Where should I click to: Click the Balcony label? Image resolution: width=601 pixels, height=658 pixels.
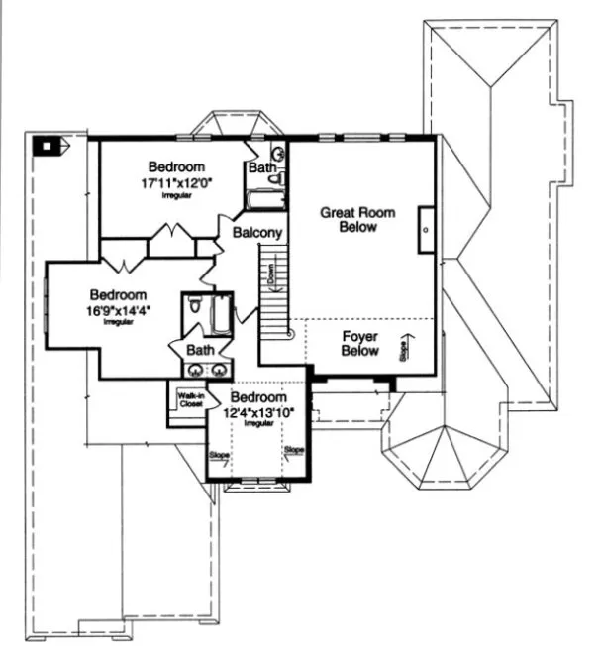click(x=258, y=233)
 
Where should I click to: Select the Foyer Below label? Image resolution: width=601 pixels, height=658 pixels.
click(x=360, y=343)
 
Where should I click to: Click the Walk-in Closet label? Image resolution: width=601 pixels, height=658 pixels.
click(x=189, y=400)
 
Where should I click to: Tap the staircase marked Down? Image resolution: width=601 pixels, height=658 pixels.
click(x=272, y=292)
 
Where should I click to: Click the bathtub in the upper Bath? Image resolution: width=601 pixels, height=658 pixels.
click(x=265, y=202)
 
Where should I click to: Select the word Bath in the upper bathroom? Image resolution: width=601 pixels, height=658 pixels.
click(x=261, y=168)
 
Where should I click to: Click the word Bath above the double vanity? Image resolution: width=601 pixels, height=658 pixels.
click(x=200, y=350)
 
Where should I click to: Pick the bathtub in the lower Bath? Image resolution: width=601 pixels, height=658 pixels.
click(x=221, y=315)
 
